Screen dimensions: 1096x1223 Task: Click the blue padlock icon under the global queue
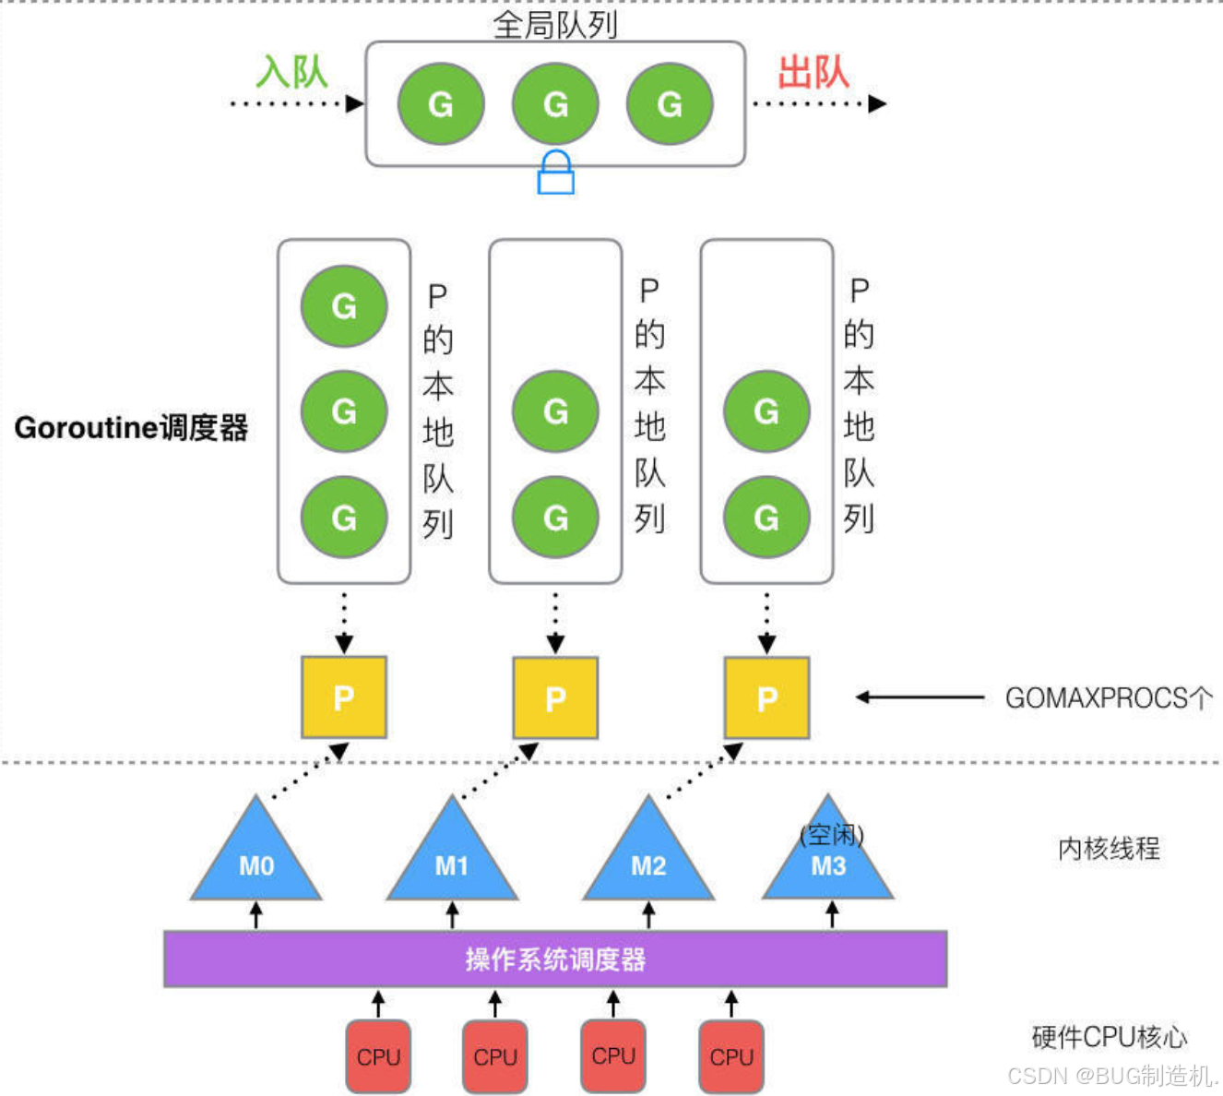tap(555, 173)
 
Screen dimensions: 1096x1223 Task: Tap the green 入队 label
tap(291, 72)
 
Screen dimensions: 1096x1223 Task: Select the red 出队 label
tap(813, 72)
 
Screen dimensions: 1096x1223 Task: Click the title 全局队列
tap(555, 24)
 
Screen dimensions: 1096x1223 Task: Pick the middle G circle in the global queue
tap(555, 103)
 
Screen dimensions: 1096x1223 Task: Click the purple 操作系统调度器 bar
tap(555, 959)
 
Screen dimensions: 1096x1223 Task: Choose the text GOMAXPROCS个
tap(1109, 698)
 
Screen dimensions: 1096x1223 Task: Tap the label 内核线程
tap(1109, 848)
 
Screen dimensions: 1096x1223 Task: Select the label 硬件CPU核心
tap(1109, 1037)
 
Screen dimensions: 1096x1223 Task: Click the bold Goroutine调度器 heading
tap(131, 428)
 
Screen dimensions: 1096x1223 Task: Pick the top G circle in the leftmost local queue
tap(344, 305)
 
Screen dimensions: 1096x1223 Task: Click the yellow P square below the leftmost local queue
tap(344, 697)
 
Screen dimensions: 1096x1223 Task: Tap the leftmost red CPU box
tap(378, 1056)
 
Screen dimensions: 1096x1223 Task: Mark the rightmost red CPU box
tap(731, 1056)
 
